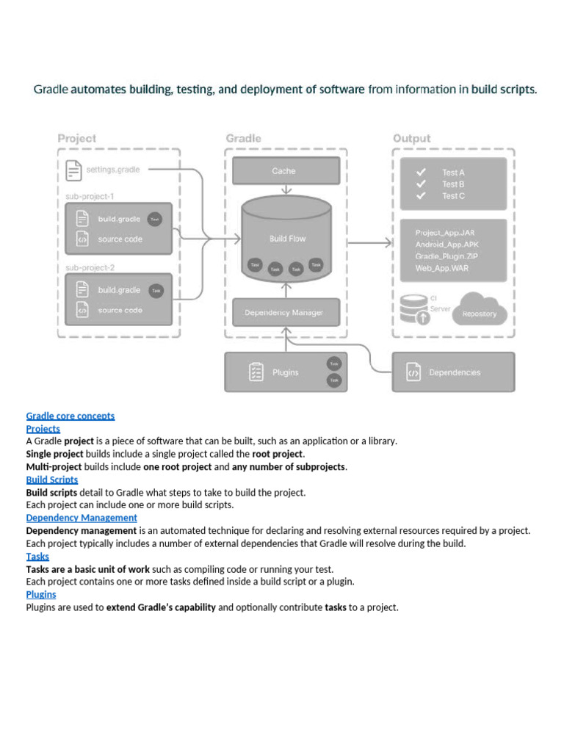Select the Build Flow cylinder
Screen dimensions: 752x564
(286, 239)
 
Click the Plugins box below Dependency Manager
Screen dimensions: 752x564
(286, 372)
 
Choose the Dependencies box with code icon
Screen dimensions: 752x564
(453, 372)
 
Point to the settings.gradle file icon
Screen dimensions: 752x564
(73, 170)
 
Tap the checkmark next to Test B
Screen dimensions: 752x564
(421, 184)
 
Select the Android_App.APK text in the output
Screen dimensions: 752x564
(445, 245)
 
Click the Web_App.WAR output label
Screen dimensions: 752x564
(441, 268)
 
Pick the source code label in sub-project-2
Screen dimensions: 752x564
(120, 311)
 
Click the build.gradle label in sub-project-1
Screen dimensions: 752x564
(119, 219)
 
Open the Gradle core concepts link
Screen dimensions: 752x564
(70, 416)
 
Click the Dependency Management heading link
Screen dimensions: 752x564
(82, 518)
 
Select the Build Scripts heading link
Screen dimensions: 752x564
(52, 480)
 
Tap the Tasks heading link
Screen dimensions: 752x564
(37, 556)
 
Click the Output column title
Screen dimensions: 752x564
(411, 138)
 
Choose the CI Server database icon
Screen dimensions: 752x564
(414, 309)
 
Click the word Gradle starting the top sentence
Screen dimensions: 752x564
(51, 90)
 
